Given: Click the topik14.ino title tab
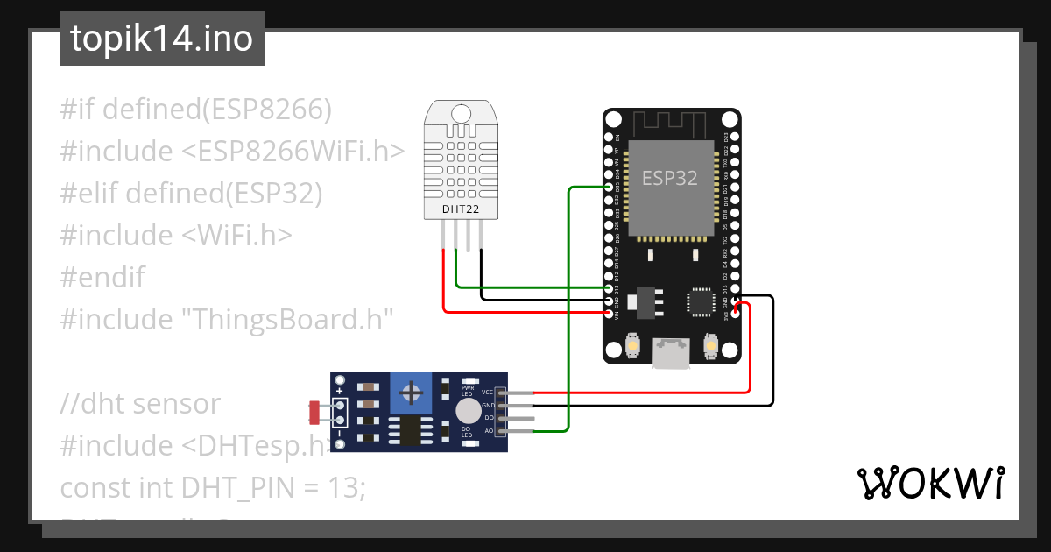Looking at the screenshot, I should point(161,39).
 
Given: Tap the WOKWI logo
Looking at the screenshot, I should point(930,483).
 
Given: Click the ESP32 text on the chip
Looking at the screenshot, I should point(670,178).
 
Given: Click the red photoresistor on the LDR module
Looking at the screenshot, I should point(314,409).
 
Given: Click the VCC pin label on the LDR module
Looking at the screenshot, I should point(488,393).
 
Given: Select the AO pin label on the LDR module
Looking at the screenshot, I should point(489,431).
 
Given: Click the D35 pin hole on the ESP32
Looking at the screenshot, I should point(610,187).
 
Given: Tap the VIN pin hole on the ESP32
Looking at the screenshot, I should point(610,312).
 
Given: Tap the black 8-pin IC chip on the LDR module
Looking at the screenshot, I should point(408,430).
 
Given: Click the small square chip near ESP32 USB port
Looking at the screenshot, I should point(702,300).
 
